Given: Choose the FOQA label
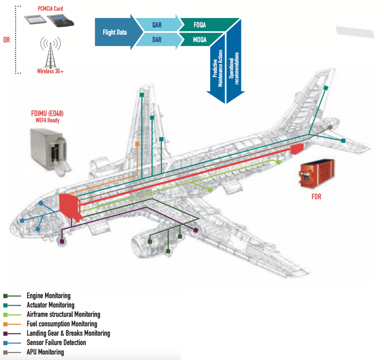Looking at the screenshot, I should (x=199, y=25).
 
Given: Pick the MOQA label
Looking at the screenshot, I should (x=199, y=40).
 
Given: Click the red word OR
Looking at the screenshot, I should (x=6, y=40).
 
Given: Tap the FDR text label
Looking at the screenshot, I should (x=316, y=197).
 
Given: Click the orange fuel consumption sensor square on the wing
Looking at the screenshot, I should (x=137, y=144).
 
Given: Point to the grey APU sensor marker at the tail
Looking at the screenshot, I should (x=331, y=127).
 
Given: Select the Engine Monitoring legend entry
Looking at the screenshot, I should (x=49, y=296).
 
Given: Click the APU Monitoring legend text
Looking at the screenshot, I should (x=45, y=352).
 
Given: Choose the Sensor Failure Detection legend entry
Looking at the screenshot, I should (x=56, y=343).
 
